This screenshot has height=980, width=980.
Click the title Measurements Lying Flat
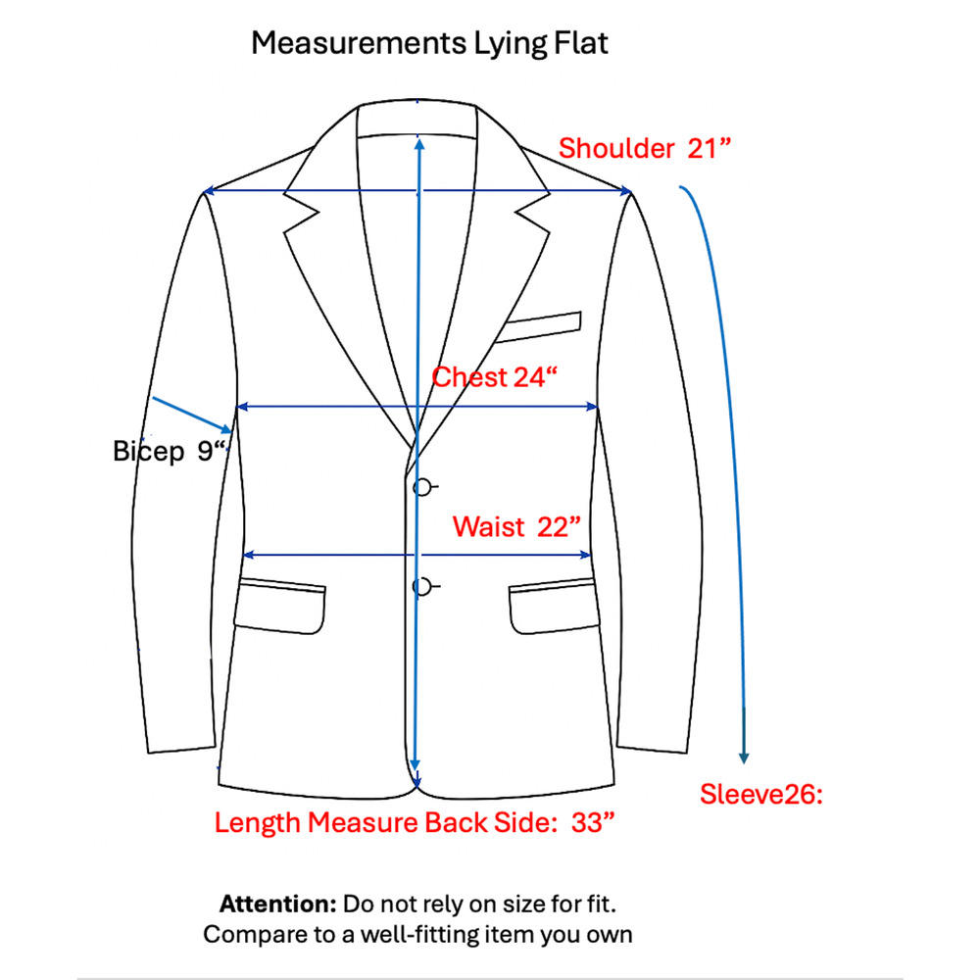[x=429, y=44]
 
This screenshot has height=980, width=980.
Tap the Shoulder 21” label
[x=645, y=149]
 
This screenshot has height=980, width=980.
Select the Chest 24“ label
[x=494, y=377]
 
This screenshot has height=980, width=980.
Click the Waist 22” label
[x=516, y=527]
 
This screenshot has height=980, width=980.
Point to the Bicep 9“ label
[x=169, y=451]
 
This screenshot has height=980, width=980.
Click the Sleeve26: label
[x=760, y=795]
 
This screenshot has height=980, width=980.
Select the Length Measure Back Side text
[x=385, y=822]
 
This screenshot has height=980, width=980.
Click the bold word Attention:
[x=278, y=904]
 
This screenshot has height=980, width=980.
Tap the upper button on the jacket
[x=422, y=487]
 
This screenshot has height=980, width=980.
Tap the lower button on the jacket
[x=422, y=587]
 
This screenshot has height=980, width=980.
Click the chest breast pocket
[x=538, y=327]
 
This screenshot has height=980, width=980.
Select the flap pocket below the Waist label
[x=554, y=607]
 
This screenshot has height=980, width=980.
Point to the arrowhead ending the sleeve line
[x=744, y=757]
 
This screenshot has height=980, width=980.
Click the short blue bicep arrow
[x=192, y=415]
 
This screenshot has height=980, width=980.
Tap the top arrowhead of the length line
[x=419, y=144]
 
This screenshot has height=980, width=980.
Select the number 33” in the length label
[x=593, y=822]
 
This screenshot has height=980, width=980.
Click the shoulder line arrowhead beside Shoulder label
[x=625, y=191]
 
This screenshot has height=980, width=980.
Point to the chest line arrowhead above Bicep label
[x=243, y=407]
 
